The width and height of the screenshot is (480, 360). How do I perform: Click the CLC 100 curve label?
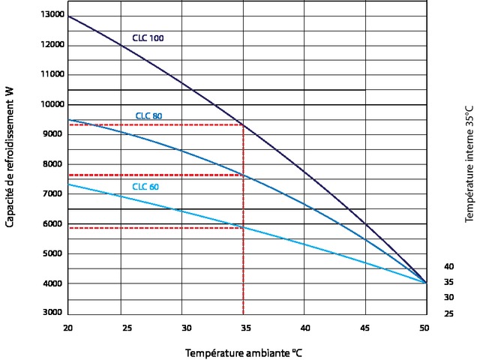tap(142, 37)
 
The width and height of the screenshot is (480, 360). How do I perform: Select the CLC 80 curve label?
tap(148, 116)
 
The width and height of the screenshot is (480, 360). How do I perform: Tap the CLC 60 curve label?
tap(145, 186)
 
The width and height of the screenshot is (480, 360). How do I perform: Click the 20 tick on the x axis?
tap(67, 328)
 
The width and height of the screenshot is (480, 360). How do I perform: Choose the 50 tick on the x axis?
tap(424, 328)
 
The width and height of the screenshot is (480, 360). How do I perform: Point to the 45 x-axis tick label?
tap(364, 328)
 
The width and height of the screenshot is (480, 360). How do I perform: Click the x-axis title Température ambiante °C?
tap(244, 351)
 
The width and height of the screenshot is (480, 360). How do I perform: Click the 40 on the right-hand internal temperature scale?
tap(448, 266)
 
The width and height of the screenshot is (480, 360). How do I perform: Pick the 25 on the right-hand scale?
tap(448, 313)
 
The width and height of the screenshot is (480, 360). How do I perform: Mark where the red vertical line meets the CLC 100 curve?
tap(243, 124)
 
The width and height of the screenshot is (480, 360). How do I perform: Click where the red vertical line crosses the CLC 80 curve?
tap(243, 175)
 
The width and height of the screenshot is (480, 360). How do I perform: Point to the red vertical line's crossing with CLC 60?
tap(243, 227)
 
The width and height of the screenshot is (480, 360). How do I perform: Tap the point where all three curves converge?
tap(424, 283)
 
